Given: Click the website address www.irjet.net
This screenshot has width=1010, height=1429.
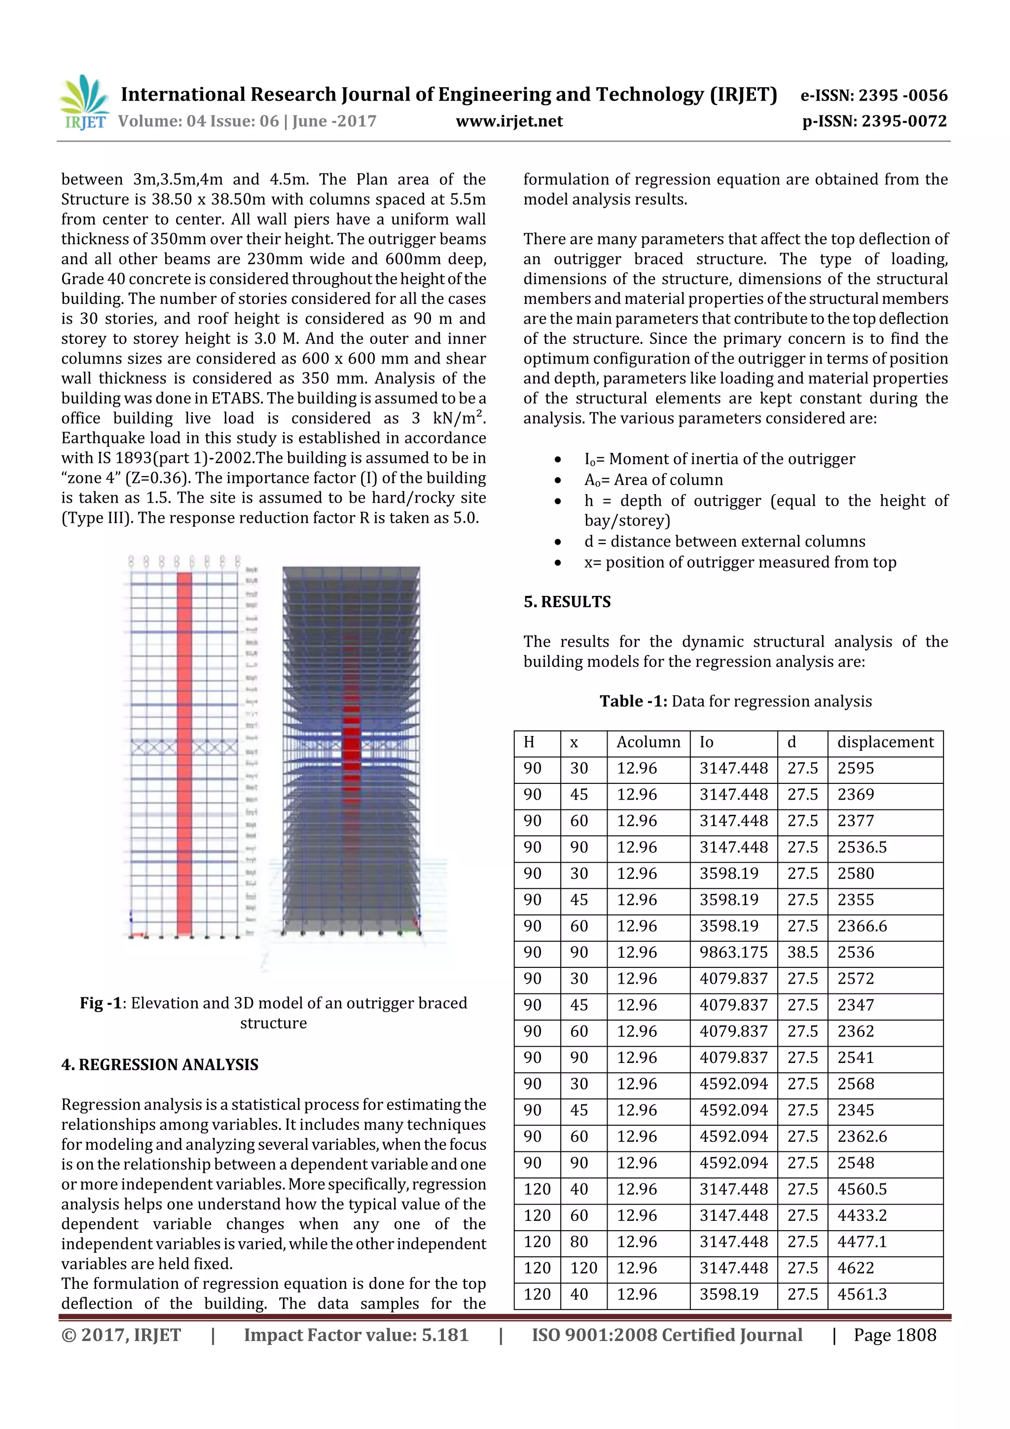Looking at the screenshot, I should pyautogui.click(x=509, y=121).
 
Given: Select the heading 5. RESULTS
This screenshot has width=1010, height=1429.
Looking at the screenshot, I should pyautogui.click(x=567, y=602).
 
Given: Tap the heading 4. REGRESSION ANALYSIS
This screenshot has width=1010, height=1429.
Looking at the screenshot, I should pyautogui.click(x=159, y=1065).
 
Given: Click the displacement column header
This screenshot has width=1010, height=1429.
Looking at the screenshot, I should pyautogui.click(x=885, y=742).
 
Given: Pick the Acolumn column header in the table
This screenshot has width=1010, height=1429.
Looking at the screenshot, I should pyautogui.click(x=648, y=742).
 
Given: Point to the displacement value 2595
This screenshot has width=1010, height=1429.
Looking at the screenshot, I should pyautogui.click(x=856, y=769).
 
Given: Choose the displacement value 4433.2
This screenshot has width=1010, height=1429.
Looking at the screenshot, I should pyautogui.click(x=862, y=1215).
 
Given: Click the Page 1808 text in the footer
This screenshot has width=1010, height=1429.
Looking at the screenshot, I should pyautogui.click(x=894, y=1335).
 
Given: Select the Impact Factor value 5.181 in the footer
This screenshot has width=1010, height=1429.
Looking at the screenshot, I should pyautogui.click(x=356, y=1335).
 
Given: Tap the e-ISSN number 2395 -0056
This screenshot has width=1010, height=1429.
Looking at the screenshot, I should pyautogui.click(x=874, y=95).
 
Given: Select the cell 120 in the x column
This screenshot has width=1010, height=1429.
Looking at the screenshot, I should pyautogui.click(x=583, y=1268).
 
